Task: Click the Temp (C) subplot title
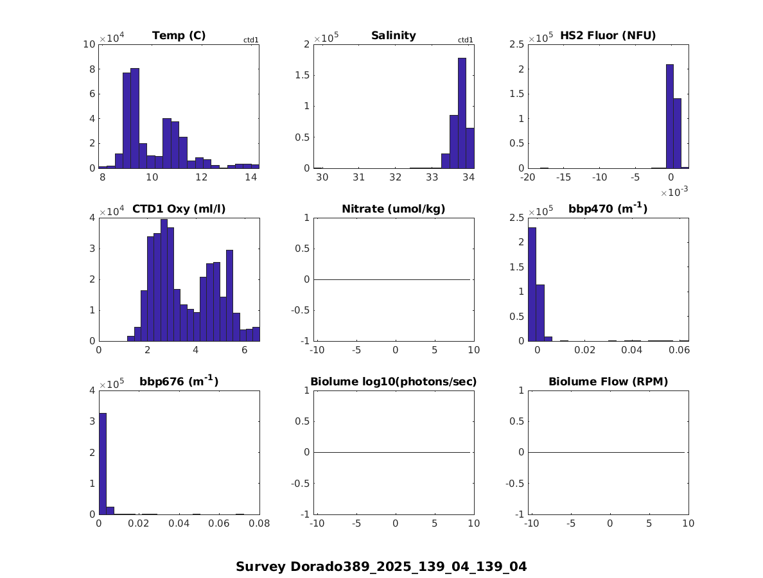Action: [x=179, y=35]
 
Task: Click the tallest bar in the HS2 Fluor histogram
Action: [x=669, y=116]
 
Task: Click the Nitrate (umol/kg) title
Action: [x=394, y=209]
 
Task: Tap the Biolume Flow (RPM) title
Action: [x=608, y=381]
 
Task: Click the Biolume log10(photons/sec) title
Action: [x=394, y=381]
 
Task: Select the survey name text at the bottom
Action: [x=381, y=566]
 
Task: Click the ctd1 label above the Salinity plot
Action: [x=465, y=40]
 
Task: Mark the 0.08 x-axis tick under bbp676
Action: [x=259, y=524]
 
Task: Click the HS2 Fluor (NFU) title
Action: [x=608, y=35]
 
